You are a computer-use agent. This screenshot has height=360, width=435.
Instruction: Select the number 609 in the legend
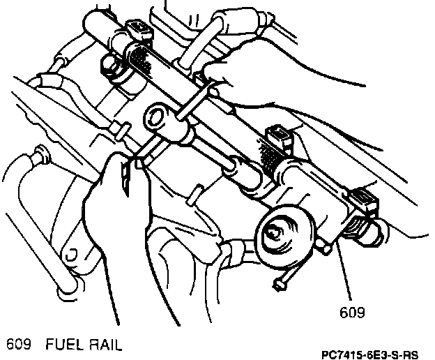20,343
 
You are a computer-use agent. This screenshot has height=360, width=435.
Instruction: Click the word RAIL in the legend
103,343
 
